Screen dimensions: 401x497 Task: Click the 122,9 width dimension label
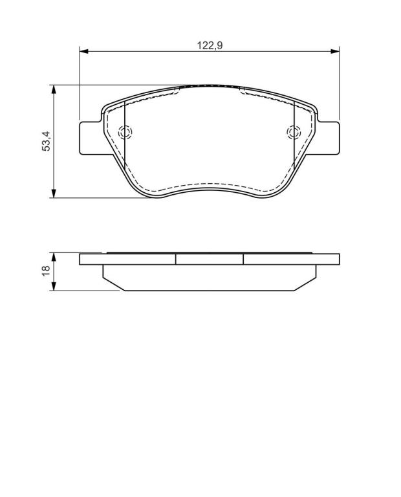pos(210,46)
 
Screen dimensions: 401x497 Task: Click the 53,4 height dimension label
pos(46,141)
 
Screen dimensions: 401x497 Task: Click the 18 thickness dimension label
pos(46,271)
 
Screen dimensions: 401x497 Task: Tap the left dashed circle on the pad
pos(125,132)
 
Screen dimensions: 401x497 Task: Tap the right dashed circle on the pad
pos(294,132)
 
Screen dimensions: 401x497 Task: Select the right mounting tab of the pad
pos(327,138)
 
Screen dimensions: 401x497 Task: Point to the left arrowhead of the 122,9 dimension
pos(83,51)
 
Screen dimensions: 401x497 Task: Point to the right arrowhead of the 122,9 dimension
pos(335,51)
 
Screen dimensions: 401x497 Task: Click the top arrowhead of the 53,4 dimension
pos(54,89)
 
